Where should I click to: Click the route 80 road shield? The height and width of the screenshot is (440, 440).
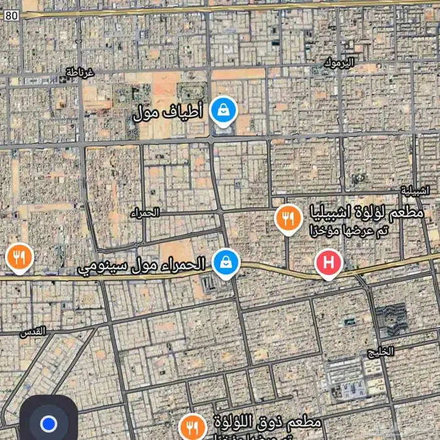[x=11, y=16]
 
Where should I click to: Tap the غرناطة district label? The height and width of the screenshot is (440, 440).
[x=80, y=73]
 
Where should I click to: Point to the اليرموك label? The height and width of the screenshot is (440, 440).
[x=339, y=62]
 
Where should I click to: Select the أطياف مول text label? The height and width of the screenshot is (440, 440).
[x=168, y=113]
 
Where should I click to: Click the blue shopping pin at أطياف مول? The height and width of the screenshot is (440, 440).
[x=223, y=111]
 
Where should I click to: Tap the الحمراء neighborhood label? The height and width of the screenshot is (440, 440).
[x=145, y=213]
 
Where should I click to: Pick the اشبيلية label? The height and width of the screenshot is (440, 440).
[x=415, y=190]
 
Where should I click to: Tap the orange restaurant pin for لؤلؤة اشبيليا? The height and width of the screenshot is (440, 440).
[x=288, y=219]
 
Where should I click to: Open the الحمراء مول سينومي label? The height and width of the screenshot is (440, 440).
[x=141, y=265]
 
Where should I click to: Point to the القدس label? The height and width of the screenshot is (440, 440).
[x=35, y=331]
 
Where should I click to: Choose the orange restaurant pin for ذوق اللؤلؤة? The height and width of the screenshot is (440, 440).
[x=192, y=427]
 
